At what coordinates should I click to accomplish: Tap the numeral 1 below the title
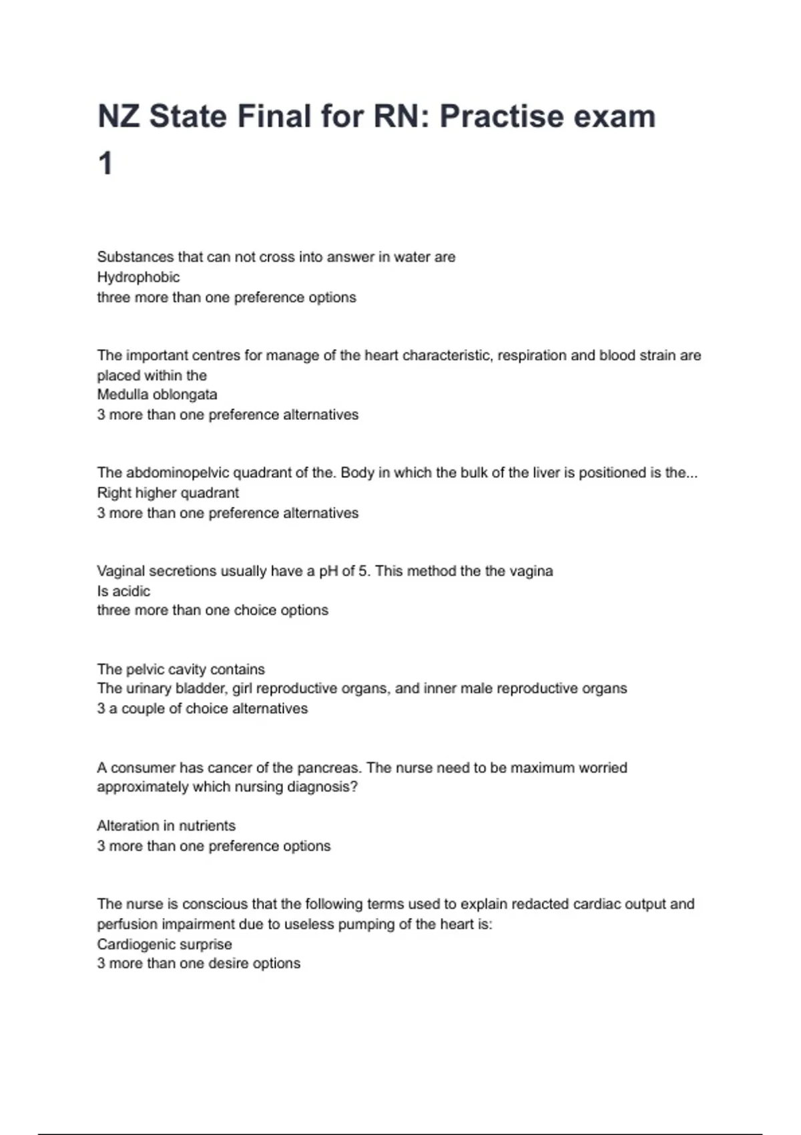(105, 164)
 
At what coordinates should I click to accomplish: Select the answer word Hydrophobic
(138, 277)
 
